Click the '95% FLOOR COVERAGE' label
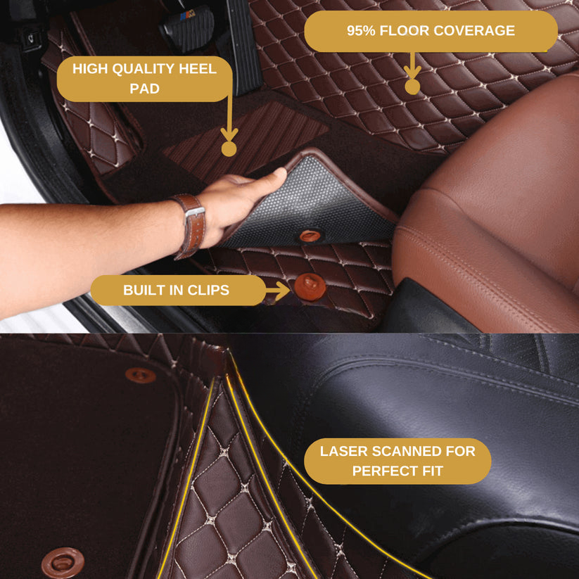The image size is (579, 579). [x=431, y=31]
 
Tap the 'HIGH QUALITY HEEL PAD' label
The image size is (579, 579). [x=144, y=79]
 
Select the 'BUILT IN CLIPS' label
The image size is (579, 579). [x=178, y=291]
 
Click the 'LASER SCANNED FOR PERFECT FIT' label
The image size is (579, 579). [x=397, y=461]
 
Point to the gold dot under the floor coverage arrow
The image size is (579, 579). [x=412, y=87]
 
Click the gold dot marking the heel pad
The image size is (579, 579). [x=229, y=149]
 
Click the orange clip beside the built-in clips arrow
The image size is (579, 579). [x=310, y=287]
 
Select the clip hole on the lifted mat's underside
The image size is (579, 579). [x=310, y=235]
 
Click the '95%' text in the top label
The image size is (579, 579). [x=361, y=31]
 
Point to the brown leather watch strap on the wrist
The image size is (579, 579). [x=192, y=227]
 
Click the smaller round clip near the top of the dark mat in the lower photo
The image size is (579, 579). [x=140, y=375]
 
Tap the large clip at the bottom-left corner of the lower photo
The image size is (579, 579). [x=63, y=563]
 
